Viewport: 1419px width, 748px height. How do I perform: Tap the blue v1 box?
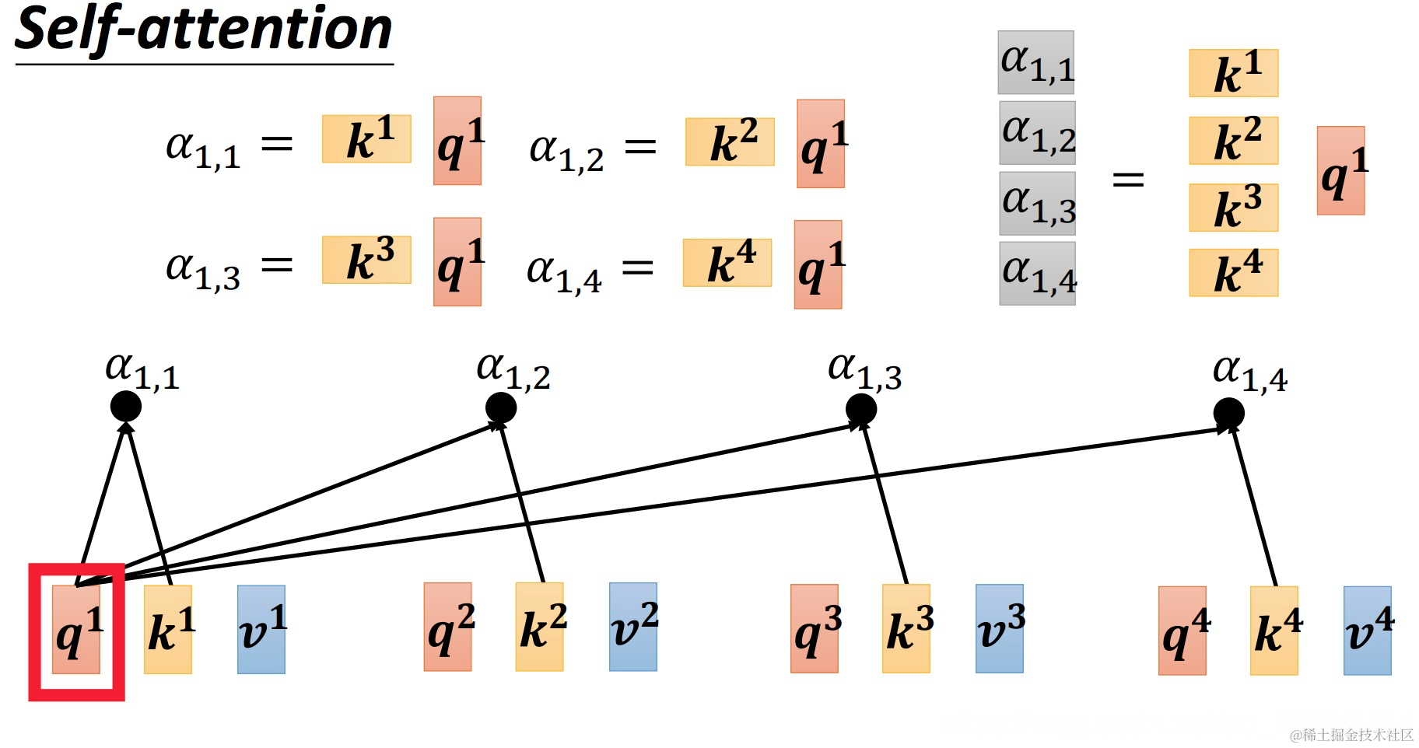261,629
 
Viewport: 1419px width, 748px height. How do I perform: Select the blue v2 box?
633,627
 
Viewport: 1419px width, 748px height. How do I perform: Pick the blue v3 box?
1000,628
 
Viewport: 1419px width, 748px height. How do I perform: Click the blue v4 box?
1368,630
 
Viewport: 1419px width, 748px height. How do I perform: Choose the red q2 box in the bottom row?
448,627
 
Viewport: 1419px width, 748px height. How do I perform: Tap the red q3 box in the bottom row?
815,628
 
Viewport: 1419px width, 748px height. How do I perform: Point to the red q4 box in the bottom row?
1182,630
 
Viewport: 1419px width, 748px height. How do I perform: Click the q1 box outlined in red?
76,629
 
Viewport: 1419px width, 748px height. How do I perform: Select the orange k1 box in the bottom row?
168,629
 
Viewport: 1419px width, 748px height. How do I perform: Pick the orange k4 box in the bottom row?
1274,630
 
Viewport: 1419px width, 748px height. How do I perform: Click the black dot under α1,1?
126,406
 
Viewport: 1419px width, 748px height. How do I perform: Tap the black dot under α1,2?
501,407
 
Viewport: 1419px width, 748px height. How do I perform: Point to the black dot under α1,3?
861,409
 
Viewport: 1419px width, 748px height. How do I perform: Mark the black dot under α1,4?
1229,413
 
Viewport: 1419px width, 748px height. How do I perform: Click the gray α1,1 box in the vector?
1036,62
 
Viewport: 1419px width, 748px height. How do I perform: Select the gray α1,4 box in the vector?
1037,273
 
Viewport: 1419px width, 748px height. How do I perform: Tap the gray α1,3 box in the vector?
1037,203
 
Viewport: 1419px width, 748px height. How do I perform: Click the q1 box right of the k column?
1340,170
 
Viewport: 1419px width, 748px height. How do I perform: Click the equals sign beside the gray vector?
1128,180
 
